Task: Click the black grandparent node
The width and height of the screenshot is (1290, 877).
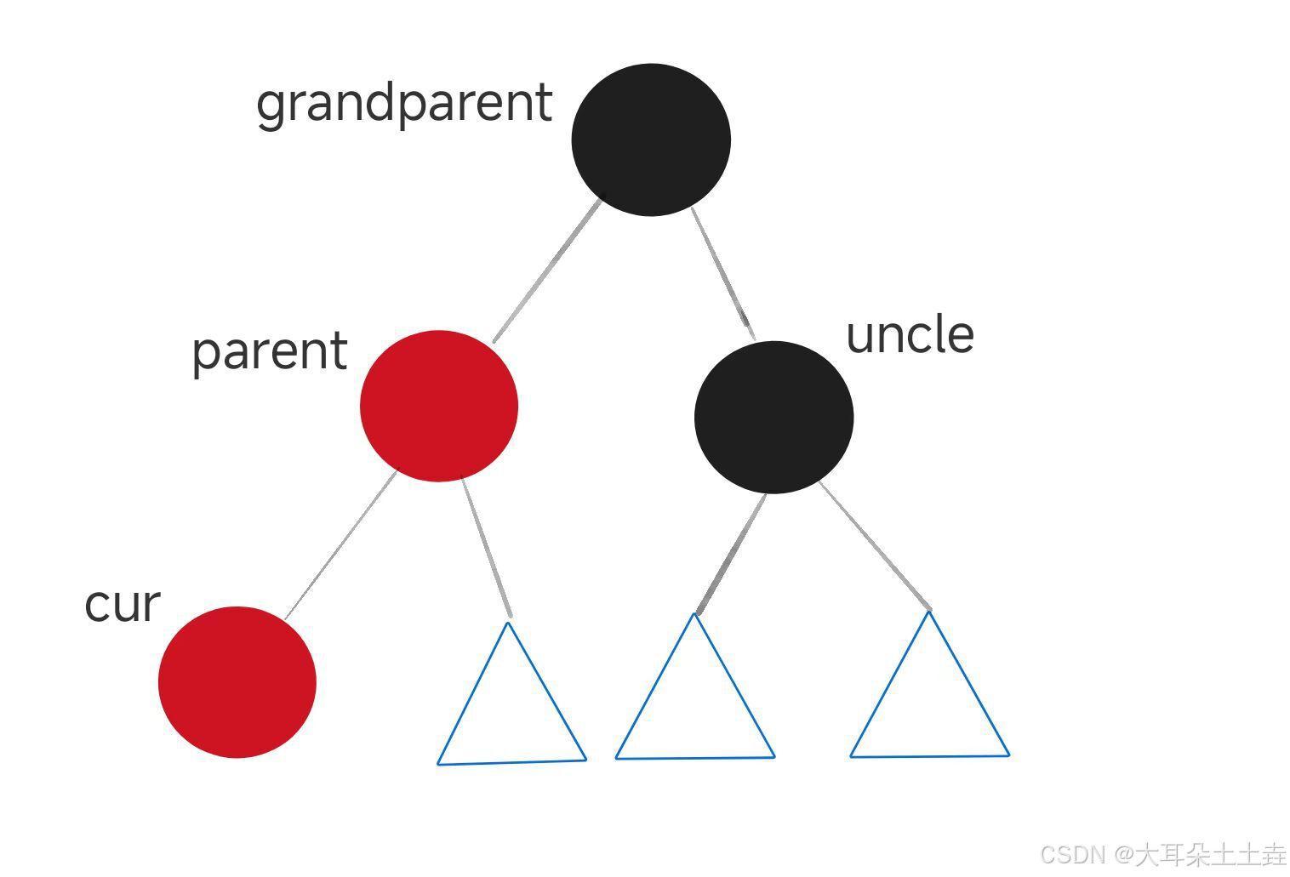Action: point(651,140)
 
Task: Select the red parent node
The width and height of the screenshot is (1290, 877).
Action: point(439,406)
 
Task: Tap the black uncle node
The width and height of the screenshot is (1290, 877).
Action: point(774,418)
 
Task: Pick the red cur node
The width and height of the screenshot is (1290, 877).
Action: point(237,682)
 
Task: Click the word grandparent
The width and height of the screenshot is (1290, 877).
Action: point(404,105)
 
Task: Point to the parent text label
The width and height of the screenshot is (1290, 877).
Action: point(270,353)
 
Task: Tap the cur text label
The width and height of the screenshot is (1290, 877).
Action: point(122,606)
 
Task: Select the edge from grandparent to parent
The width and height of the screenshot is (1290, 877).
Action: point(547,271)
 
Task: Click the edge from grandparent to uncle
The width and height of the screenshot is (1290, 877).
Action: point(723,274)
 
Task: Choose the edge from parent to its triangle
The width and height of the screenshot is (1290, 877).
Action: point(486,547)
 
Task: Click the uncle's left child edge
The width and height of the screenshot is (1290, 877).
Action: point(731,554)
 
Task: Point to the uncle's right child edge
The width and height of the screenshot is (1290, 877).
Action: point(875,545)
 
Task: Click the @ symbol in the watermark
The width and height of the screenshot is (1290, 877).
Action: point(1124,855)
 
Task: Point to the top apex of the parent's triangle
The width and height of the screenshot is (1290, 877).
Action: point(509,623)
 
